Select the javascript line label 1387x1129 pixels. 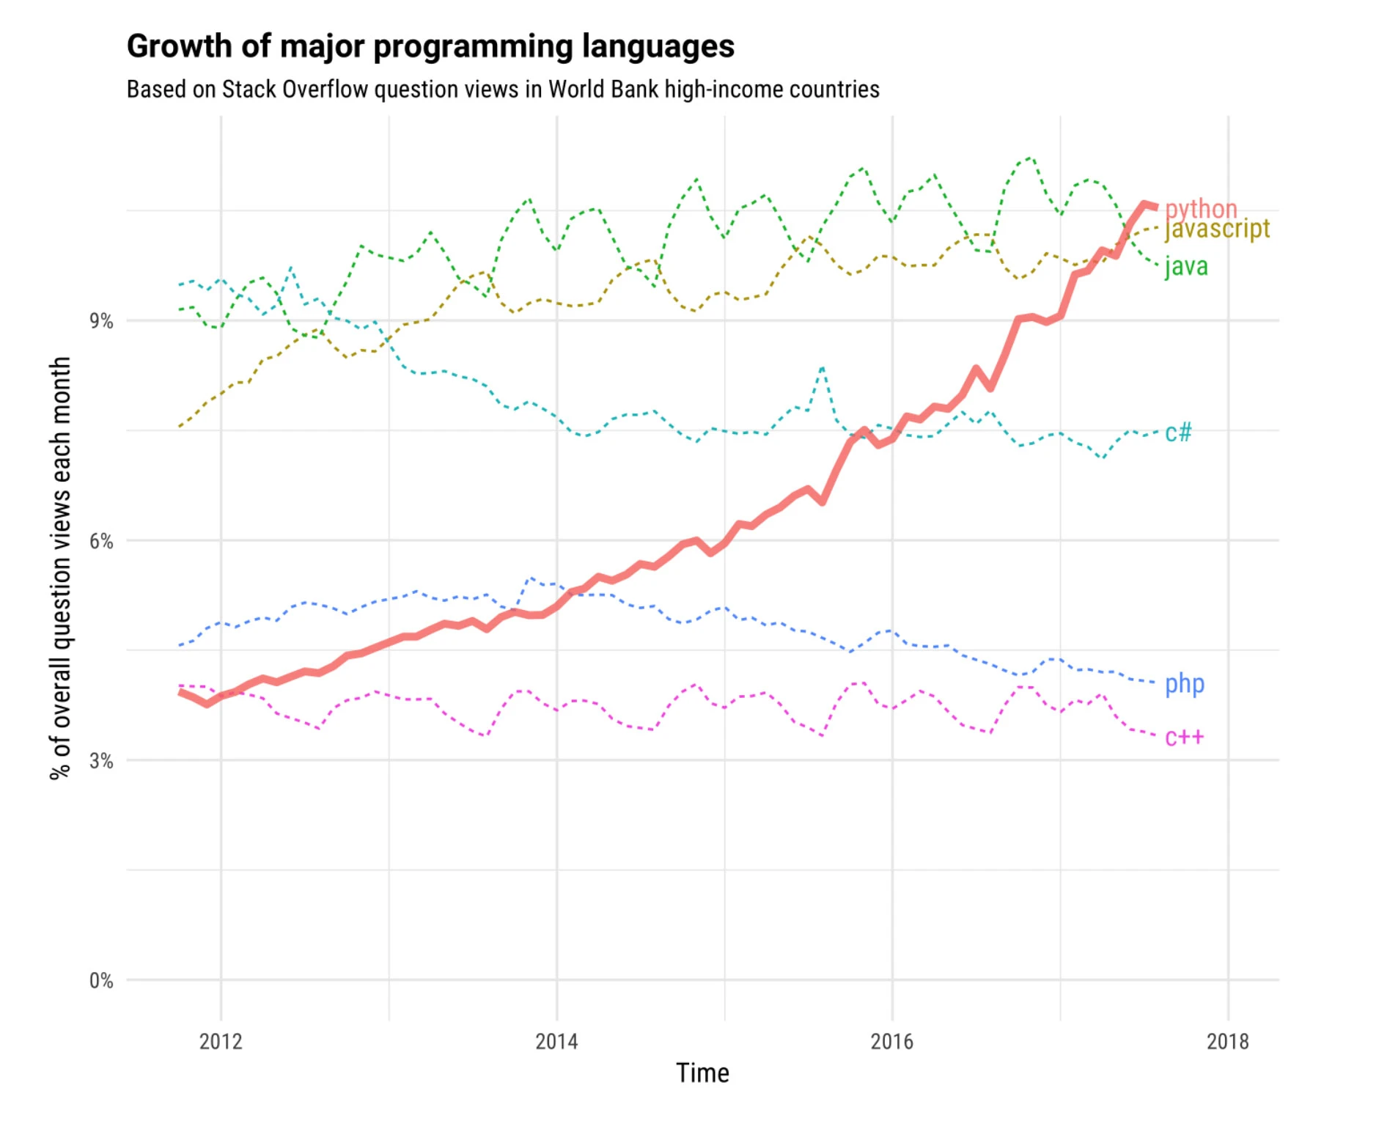click(1217, 229)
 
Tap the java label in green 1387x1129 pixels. click(1186, 266)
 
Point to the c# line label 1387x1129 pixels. click(1178, 433)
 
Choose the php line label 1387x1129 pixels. click(1185, 684)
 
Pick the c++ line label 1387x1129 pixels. click(1185, 737)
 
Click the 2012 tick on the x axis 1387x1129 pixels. click(221, 1041)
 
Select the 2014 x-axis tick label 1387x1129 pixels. click(556, 1041)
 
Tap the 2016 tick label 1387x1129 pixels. click(892, 1041)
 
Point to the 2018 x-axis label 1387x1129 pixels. click(1228, 1041)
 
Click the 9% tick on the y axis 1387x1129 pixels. click(102, 321)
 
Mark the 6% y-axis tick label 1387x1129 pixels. click(102, 541)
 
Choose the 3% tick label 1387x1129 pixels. click(102, 761)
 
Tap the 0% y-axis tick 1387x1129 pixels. click(102, 981)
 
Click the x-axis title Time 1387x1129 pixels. click(702, 1073)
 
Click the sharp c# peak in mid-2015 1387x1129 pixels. click(823, 367)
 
